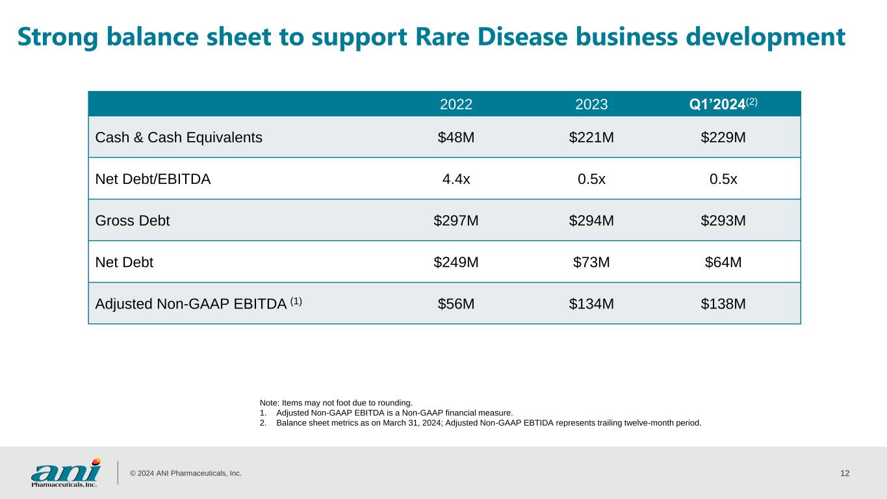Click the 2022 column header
pos(456,105)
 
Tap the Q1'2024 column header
pos(723,104)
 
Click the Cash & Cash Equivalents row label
pos(179,137)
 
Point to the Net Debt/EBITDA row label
pos(153,179)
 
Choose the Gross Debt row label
pos(133,220)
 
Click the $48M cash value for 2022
pos(456,137)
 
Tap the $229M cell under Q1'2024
pos(723,137)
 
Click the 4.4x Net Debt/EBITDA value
pos(456,179)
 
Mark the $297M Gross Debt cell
pos(456,220)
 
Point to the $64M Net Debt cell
pos(723,262)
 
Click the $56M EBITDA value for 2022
pos(456,303)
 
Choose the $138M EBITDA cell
pos(723,303)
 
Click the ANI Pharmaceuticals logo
pos(66,472)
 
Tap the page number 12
pos(845,473)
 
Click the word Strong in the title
pos(62,38)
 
